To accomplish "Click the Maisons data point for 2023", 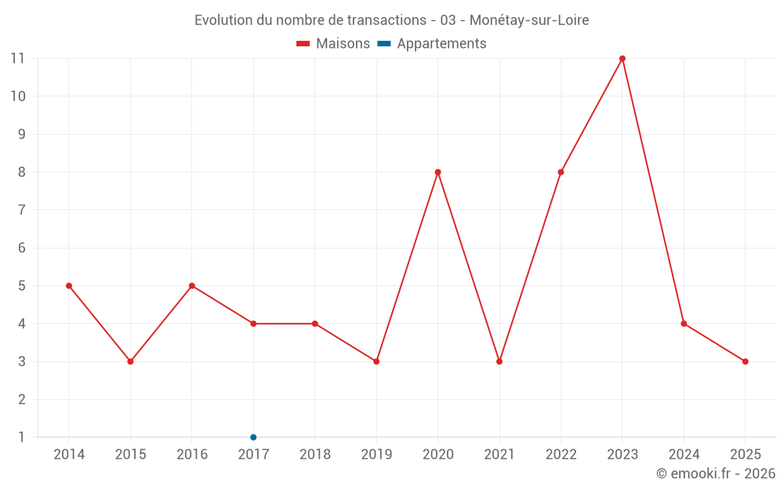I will pyautogui.click(x=622, y=59).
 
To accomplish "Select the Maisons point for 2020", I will pyautogui.click(x=437, y=172).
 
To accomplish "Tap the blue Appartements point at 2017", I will pyautogui.click(x=253, y=437).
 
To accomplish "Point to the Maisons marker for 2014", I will pyautogui.click(x=69, y=286).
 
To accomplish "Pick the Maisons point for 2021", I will pyautogui.click(x=499, y=361).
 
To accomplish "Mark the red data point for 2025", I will pyautogui.click(x=746, y=361).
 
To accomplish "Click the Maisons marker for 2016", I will pyautogui.click(x=192, y=286).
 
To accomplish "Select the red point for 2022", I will pyautogui.click(x=561, y=172).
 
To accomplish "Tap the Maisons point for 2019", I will pyautogui.click(x=376, y=361).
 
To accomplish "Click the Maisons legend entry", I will pyautogui.click(x=333, y=44).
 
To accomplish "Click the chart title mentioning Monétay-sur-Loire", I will pyautogui.click(x=391, y=20).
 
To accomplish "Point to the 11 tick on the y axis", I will pyautogui.click(x=17, y=59).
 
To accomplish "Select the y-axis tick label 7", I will pyautogui.click(x=21, y=210).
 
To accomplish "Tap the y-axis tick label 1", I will pyautogui.click(x=21, y=437).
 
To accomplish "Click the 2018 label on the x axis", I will pyautogui.click(x=314, y=455).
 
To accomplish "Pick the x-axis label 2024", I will pyautogui.click(x=684, y=455).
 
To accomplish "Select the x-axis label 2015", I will pyautogui.click(x=130, y=455).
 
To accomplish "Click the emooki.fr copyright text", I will pyautogui.click(x=715, y=474).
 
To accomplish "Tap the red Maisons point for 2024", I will pyautogui.click(x=684, y=324).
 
